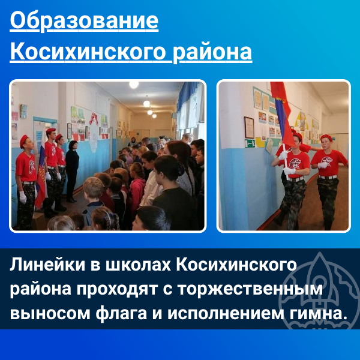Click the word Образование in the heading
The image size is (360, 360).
84,22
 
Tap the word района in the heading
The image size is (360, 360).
212,52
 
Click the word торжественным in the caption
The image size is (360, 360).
250,290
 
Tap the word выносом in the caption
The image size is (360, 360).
50,314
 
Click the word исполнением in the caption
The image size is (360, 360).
226,314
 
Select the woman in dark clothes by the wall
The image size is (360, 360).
72,171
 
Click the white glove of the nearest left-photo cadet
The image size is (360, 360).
23,197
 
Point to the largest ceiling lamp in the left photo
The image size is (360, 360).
134,85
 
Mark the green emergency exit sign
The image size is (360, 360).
250,143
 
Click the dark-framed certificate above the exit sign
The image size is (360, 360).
249,127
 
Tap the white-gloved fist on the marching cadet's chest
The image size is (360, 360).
322,165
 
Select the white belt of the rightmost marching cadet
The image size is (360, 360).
328,177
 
